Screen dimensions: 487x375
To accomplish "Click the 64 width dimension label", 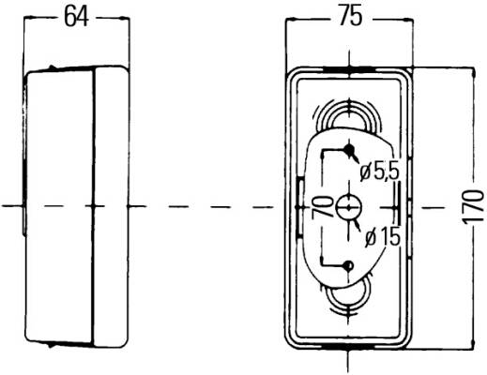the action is (76, 17).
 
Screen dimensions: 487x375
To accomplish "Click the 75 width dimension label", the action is (351, 17).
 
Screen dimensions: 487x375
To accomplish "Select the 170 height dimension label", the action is (473, 207).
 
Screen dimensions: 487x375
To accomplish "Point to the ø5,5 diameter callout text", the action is (380, 172).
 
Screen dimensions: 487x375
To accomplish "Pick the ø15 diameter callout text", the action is (383, 237).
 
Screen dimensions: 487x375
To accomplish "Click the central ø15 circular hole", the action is (348, 207).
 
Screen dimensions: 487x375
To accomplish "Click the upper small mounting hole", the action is (348, 149).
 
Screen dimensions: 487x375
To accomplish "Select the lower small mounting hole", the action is (348, 266).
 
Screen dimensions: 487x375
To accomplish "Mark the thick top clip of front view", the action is (348, 69).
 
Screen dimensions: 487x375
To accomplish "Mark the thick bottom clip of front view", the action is (348, 346).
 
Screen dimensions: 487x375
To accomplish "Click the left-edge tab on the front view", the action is (299, 207).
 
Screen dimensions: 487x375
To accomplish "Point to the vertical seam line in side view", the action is (93, 207).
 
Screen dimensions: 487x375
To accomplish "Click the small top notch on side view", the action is (52, 67).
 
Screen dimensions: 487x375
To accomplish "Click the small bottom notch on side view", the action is (49, 345).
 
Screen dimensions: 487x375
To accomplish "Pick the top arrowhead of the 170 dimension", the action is (474, 73).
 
